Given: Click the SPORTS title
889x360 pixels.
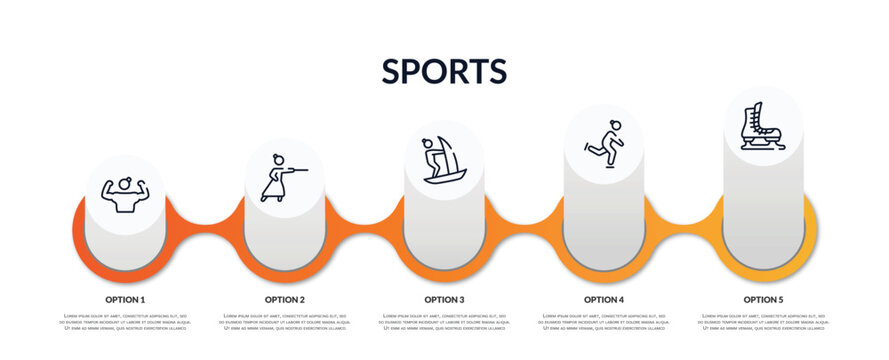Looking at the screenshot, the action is click(x=444, y=71).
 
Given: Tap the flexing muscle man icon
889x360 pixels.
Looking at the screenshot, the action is click(x=125, y=194).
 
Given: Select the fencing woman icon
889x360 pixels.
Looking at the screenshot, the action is click(x=281, y=177).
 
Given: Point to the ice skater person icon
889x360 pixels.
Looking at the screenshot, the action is click(x=604, y=143).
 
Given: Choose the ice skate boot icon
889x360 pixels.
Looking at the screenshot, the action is click(x=762, y=126).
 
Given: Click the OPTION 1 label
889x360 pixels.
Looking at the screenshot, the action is click(x=125, y=299).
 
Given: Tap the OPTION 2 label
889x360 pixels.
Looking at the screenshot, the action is click(x=285, y=299).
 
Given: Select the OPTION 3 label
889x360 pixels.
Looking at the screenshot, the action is click(x=444, y=299).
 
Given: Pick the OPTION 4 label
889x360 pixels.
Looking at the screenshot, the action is click(x=604, y=299).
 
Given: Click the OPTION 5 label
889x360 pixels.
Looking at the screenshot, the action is click(x=763, y=299).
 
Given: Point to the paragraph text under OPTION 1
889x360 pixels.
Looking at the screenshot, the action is click(x=125, y=322).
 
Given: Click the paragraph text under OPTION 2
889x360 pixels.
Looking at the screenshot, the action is click(x=285, y=322).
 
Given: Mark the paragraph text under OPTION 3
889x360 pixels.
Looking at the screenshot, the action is click(x=444, y=322).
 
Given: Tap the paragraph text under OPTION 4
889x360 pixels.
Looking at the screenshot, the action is click(x=604, y=322).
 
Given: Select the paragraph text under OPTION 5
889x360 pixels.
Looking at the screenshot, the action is click(x=763, y=322).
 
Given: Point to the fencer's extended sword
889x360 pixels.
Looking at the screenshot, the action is click(x=299, y=170).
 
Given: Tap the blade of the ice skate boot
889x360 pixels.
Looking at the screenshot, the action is click(x=764, y=146).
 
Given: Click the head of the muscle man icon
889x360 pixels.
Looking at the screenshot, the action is click(x=125, y=183).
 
